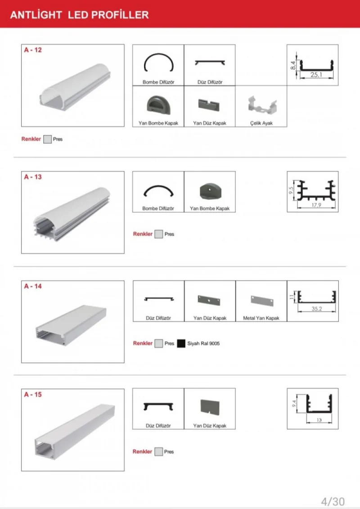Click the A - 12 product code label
click(x=33, y=50)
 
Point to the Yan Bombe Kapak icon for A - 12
click(x=158, y=105)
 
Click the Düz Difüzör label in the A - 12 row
click(x=210, y=82)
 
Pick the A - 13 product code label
click(x=33, y=177)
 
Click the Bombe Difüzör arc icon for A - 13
click(x=158, y=192)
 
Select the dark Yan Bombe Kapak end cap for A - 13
click(x=209, y=191)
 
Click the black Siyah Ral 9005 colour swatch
click(x=181, y=343)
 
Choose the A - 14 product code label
click(x=33, y=286)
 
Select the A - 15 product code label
click(x=33, y=395)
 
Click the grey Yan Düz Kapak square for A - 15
click(x=209, y=407)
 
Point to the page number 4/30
click(x=333, y=501)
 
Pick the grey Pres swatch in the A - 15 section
click(x=158, y=451)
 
